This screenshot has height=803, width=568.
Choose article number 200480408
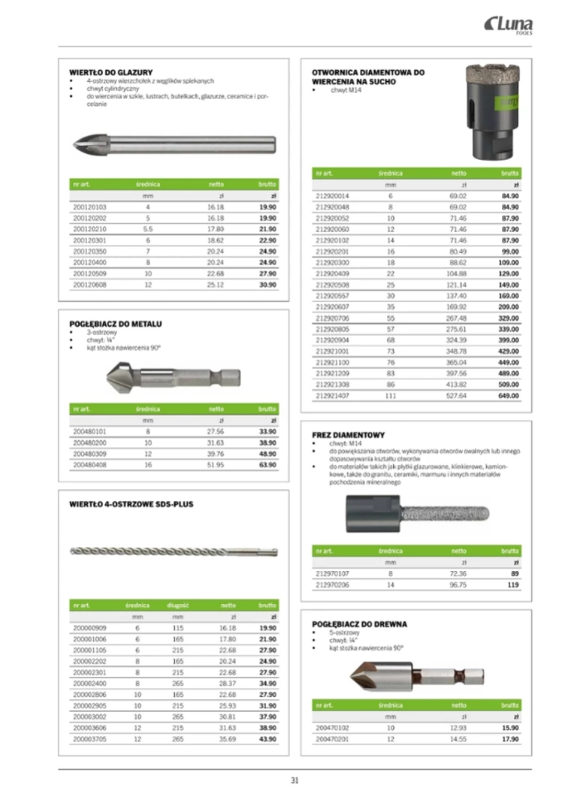tap(90, 466)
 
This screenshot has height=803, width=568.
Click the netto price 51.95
tap(216, 466)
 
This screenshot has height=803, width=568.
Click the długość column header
tap(177, 604)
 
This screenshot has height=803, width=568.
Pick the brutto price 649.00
tap(509, 394)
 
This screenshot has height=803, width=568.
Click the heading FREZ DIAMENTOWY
tap(348, 435)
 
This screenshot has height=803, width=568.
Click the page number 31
tap(295, 780)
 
